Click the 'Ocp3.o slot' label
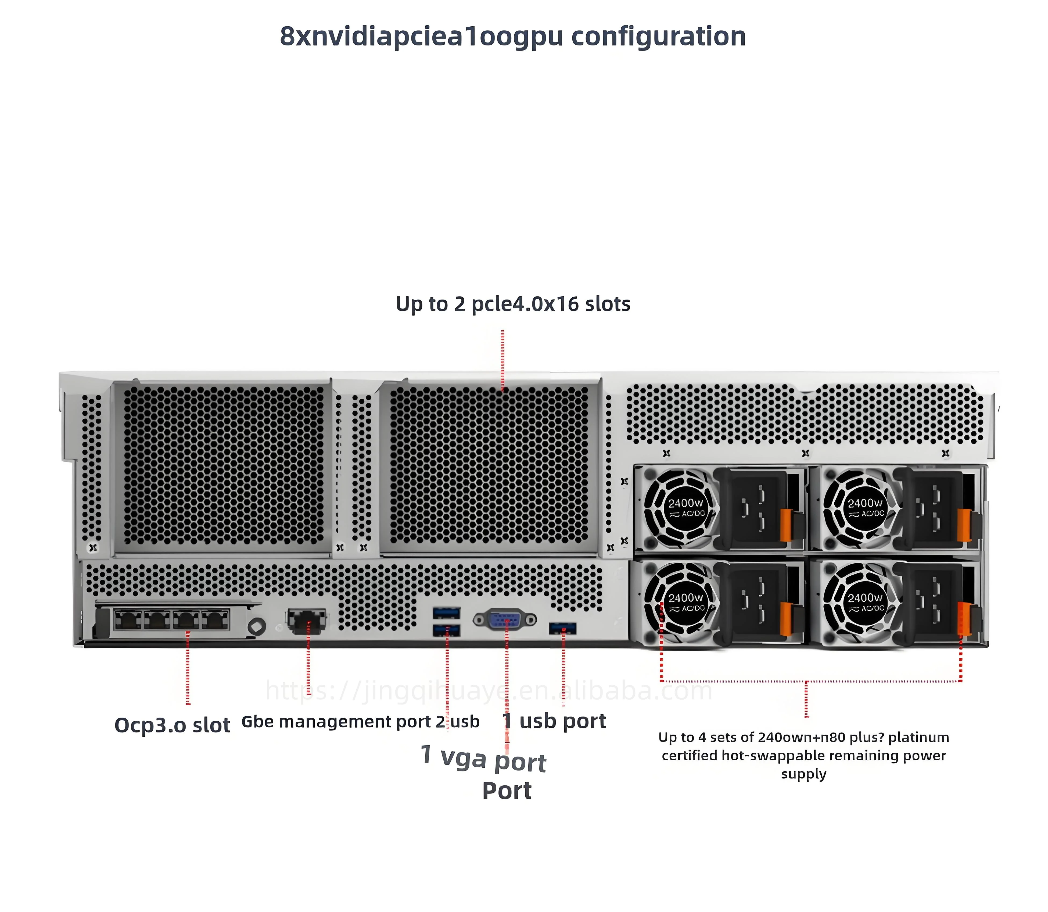172,725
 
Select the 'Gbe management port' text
336,722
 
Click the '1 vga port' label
483,758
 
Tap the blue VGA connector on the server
505,620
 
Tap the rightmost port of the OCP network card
215,620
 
